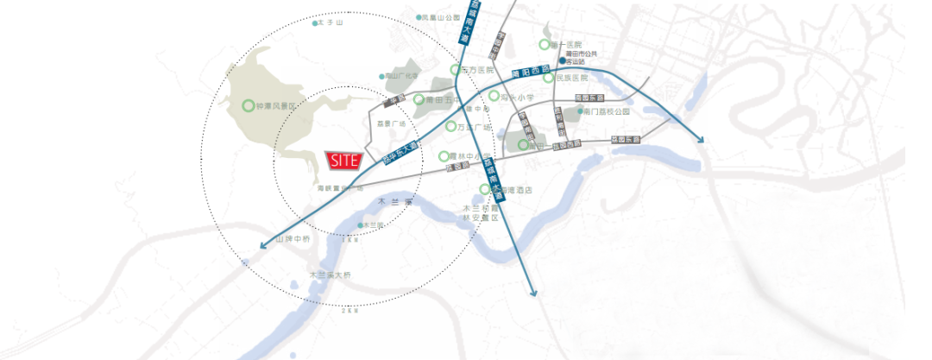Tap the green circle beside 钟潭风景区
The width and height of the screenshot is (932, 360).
tap(249, 106)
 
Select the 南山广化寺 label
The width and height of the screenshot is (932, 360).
tap(401, 76)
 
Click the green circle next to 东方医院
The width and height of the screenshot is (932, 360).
tap(456, 70)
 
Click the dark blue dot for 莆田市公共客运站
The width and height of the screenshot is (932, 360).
tap(561, 61)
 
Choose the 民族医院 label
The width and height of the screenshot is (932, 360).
tap(571, 78)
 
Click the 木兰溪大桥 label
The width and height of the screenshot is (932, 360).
tap(331, 275)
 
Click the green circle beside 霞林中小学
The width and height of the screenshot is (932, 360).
tap(444, 157)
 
